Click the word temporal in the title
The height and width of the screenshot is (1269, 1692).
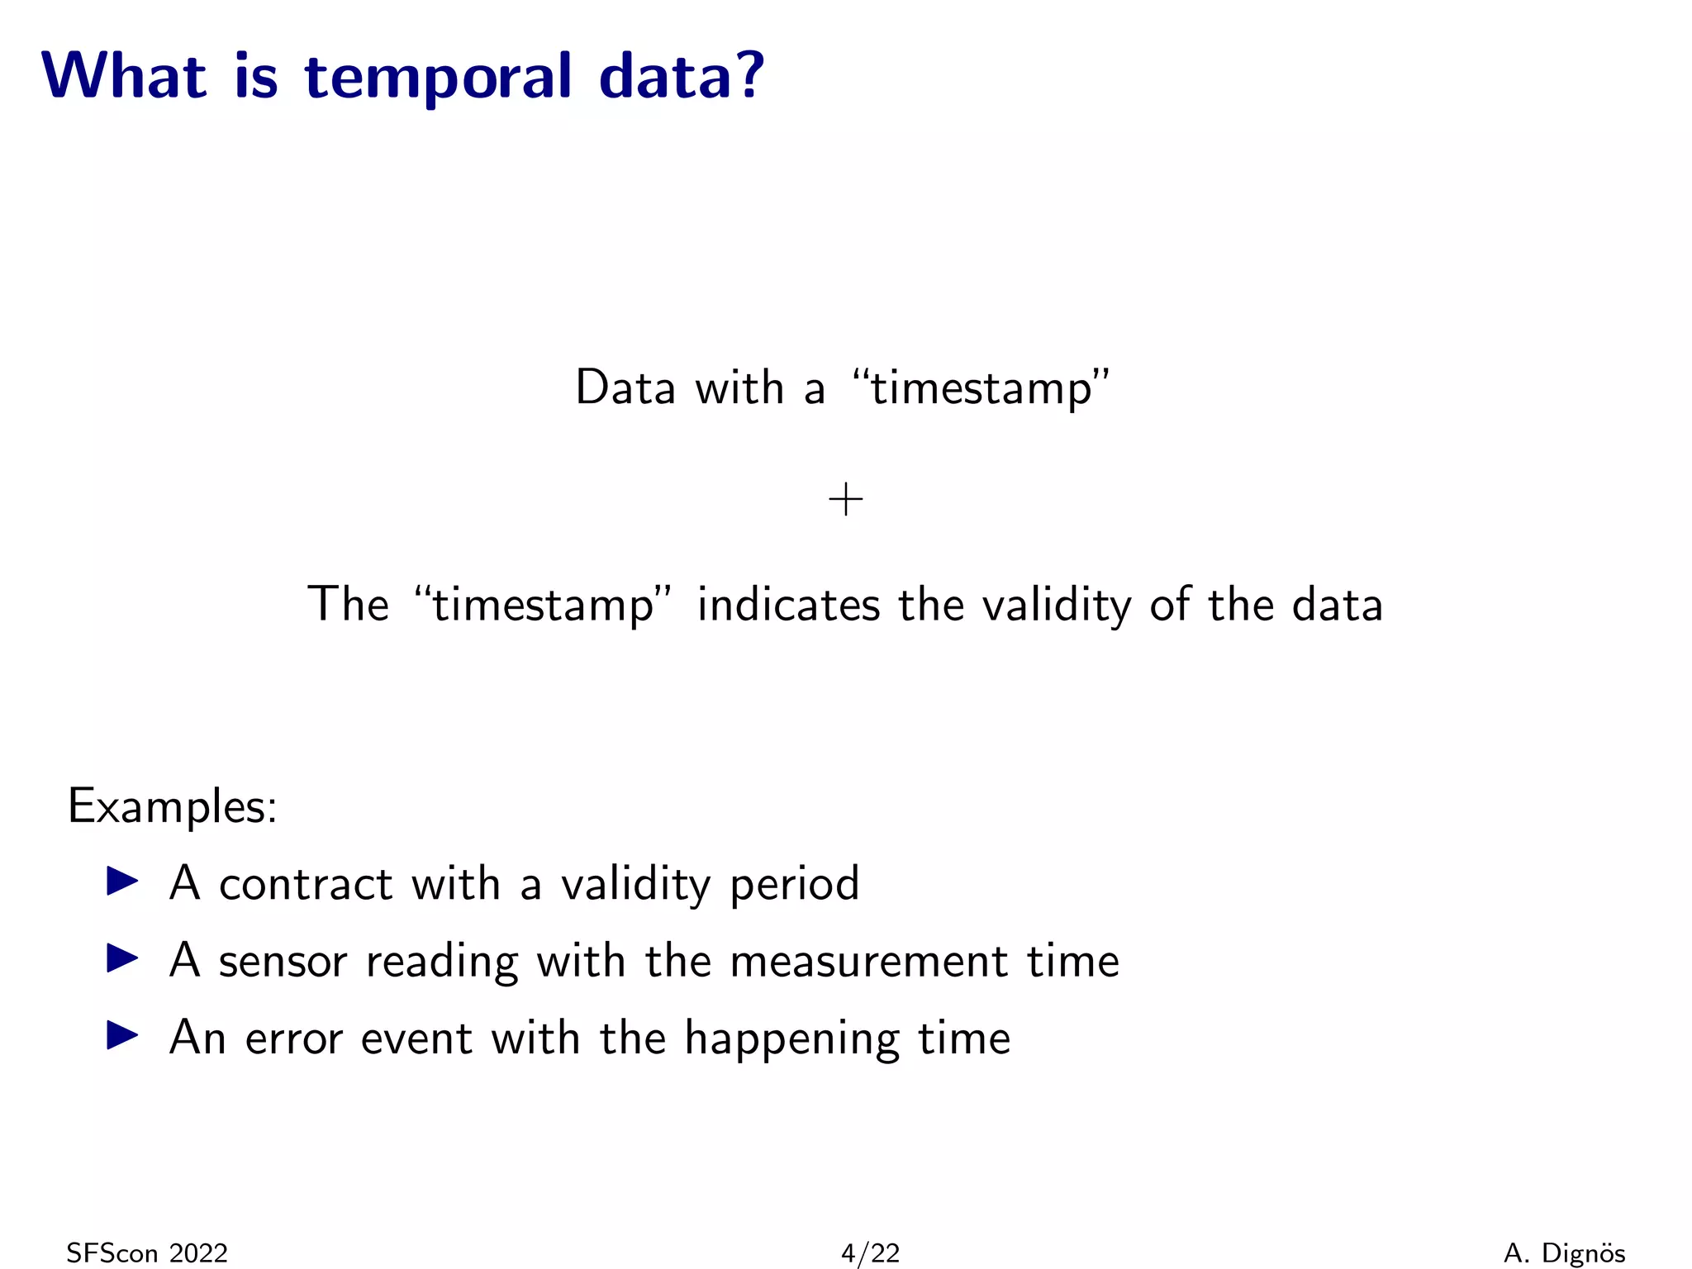pos(438,77)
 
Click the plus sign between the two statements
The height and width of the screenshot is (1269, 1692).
pos(845,500)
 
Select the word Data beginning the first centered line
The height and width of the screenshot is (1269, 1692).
pos(625,387)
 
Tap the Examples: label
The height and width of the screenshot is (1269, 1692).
pos(172,806)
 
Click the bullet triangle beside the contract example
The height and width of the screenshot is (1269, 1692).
pos(122,881)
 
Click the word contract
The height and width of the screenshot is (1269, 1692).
pos(305,883)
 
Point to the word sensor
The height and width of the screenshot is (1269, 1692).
pos(283,962)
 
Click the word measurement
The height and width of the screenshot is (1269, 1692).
pos(868,962)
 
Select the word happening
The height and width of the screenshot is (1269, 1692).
pos(791,1039)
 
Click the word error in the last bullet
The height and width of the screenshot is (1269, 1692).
pos(293,1038)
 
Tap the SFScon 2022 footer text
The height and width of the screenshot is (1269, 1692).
pos(146,1253)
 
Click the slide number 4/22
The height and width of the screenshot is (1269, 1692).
pos(869,1253)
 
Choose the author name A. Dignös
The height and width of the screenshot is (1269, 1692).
pos(1564,1253)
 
